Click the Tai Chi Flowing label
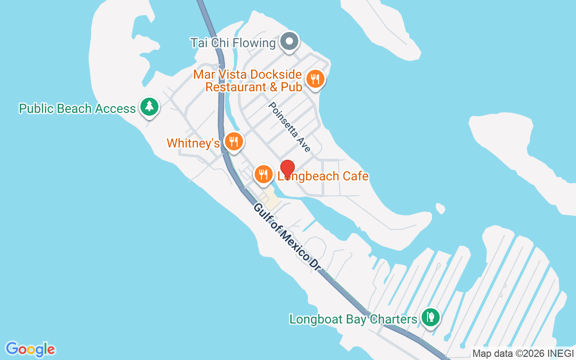pyautogui.click(x=233, y=43)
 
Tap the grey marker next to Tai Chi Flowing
pyautogui.click(x=290, y=42)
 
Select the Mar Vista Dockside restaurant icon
pyautogui.click(x=315, y=79)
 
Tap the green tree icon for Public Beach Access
pyautogui.click(x=148, y=107)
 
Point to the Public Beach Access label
pyautogui.click(x=77, y=108)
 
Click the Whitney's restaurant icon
pyautogui.click(x=233, y=141)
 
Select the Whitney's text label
pyautogui.click(x=193, y=143)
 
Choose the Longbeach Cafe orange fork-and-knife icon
pyautogui.click(x=264, y=174)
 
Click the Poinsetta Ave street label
pyautogui.click(x=290, y=126)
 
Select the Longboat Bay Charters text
pyautogui.click(x=353, y=319)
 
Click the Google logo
pyautogui.click(x=30, y=349)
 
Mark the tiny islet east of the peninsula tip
pyautogui.click(x=441, y=208)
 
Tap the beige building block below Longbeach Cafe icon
pyautogui.click(x=270, y=198)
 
